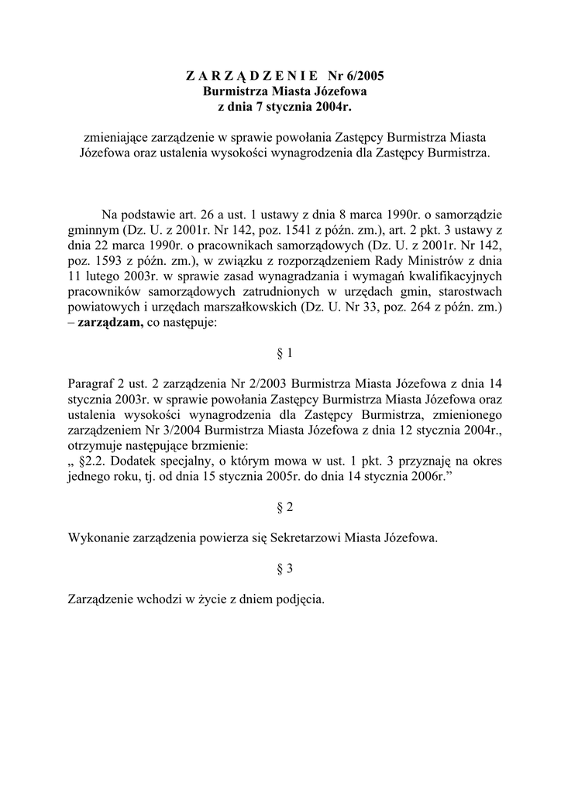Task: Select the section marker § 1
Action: point(284,353)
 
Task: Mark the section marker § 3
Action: point(284,568)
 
